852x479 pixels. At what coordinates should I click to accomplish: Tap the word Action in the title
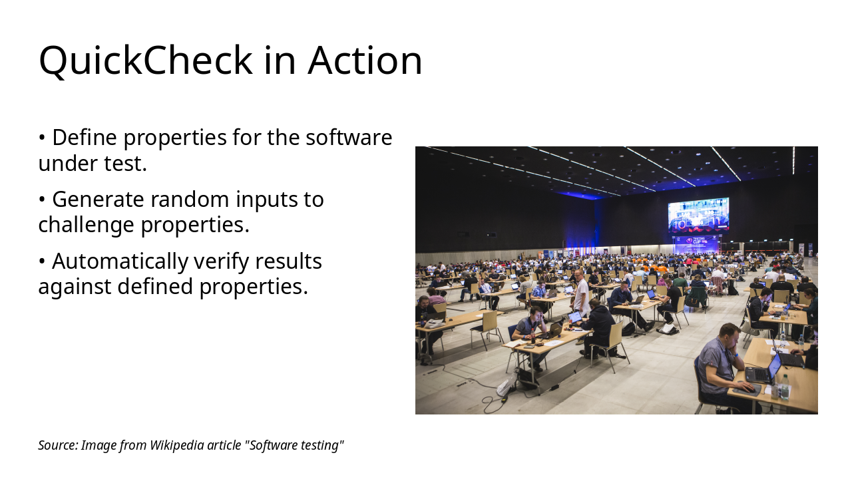[365, 61]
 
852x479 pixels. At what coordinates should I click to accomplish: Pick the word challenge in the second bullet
[87, 225]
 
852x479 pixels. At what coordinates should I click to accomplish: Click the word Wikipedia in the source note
[177, 445]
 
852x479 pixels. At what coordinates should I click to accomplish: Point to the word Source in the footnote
[57, 445]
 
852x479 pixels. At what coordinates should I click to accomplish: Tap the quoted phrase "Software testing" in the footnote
[295, 445]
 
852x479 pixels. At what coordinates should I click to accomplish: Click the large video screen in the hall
[698, 214]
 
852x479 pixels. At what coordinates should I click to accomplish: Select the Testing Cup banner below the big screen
[696, 244]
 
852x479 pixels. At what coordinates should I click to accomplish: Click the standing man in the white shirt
[581, 293]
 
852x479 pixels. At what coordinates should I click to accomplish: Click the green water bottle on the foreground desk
[784, 387]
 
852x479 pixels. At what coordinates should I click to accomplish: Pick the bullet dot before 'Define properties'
[42, 138]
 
